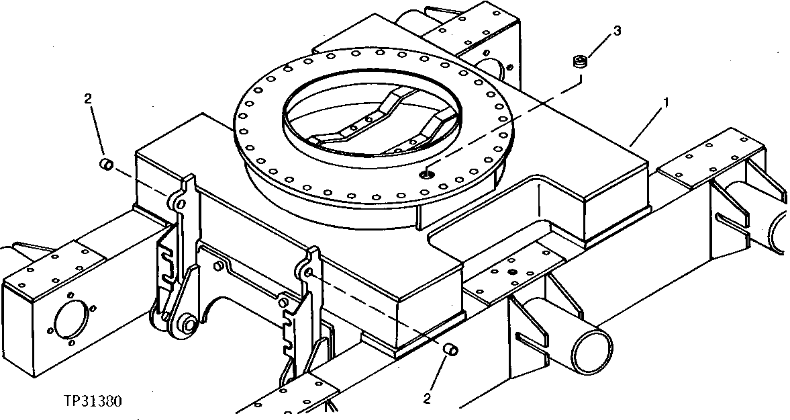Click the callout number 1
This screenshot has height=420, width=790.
coord(665,103)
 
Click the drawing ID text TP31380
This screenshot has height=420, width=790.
coord(93,401)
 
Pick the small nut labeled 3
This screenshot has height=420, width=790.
coord(579,63)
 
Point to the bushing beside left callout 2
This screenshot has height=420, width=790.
coord(105,164)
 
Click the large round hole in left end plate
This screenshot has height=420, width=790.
coord(69,319)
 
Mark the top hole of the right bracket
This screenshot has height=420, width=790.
coord(309,272)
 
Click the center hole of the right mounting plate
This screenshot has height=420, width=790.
coord(512,272)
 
